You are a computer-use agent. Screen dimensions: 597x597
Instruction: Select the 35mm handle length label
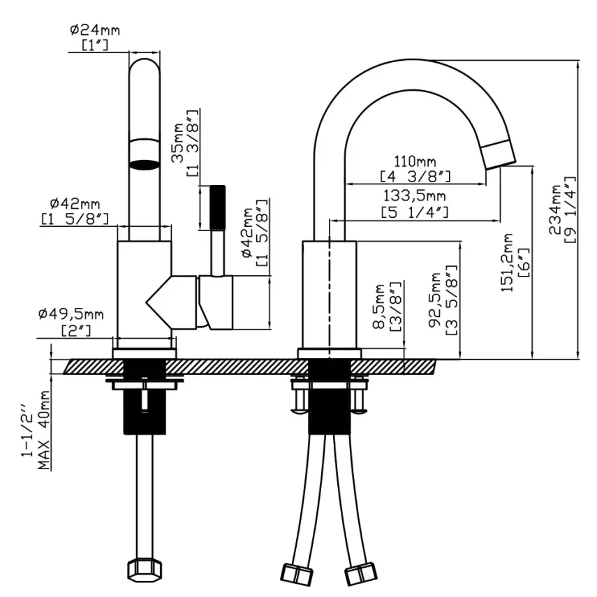[179, 143]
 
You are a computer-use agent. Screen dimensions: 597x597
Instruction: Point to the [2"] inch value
[75, 329]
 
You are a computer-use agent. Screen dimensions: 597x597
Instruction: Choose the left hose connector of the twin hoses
[296, 573]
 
